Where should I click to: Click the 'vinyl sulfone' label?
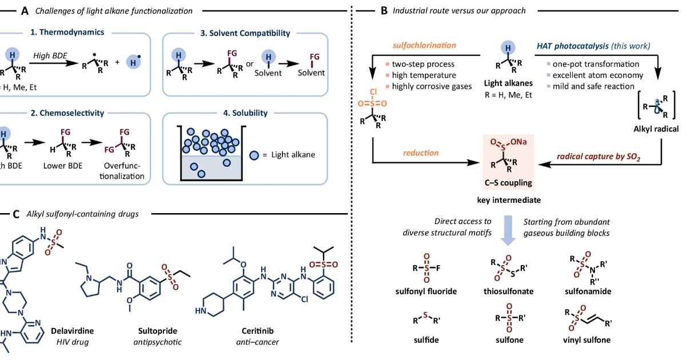[587, 340]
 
